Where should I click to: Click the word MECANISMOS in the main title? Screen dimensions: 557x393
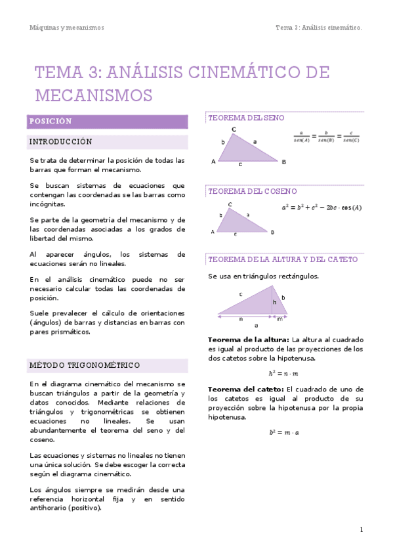tap(94, 95)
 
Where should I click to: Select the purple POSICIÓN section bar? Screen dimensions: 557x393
tap(108, 122)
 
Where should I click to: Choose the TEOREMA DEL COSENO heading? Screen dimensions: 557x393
tap(253, 191)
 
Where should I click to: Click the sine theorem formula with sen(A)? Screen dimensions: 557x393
tap(326, 136)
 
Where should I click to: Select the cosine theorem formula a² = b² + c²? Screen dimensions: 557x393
tap(321, 208)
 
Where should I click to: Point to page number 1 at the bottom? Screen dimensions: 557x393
tap(362, 529)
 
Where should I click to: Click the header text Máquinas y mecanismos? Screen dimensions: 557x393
tap(67, 28)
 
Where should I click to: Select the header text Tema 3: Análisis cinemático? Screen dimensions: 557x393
tap(320, 28)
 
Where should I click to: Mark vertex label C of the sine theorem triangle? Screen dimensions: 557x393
tap(234, 130)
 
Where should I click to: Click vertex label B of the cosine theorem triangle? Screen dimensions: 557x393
tap(272, 232)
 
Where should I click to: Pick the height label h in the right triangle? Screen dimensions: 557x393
tap(274, 302)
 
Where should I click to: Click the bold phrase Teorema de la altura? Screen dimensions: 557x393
tap(239, 340)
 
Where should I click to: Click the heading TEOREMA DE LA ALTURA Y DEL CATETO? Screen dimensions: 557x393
tap(283, 259)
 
